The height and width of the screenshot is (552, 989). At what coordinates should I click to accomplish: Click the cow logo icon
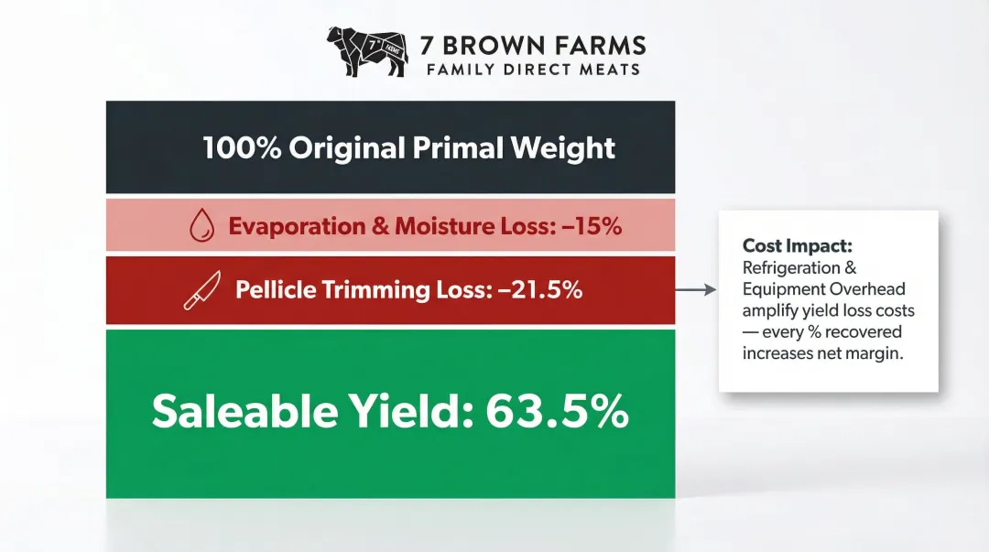pyautogui.click(x=366, y=51)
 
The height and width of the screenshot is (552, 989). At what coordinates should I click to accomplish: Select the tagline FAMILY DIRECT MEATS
pyautogui.click(x=533, y=70)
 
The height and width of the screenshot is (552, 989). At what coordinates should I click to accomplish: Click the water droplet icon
pyautogui.click(x=201, y=226)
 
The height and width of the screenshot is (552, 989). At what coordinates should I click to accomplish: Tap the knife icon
pyautogui.click(x=201, y=291)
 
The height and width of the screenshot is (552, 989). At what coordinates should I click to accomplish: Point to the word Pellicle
pyautogui.click(x=272, y=290)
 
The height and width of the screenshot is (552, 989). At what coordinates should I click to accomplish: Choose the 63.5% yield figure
pyautogui.click(x=557, y=412)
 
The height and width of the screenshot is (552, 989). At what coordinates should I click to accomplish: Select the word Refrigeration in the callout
pyautogui.click(x=791, y=268)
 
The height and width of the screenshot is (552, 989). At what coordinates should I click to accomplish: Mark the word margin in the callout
pyautogui.click(x=877, y=353)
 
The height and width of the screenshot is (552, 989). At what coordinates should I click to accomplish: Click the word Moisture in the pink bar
pyautogui.click(x=445, y=226)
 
